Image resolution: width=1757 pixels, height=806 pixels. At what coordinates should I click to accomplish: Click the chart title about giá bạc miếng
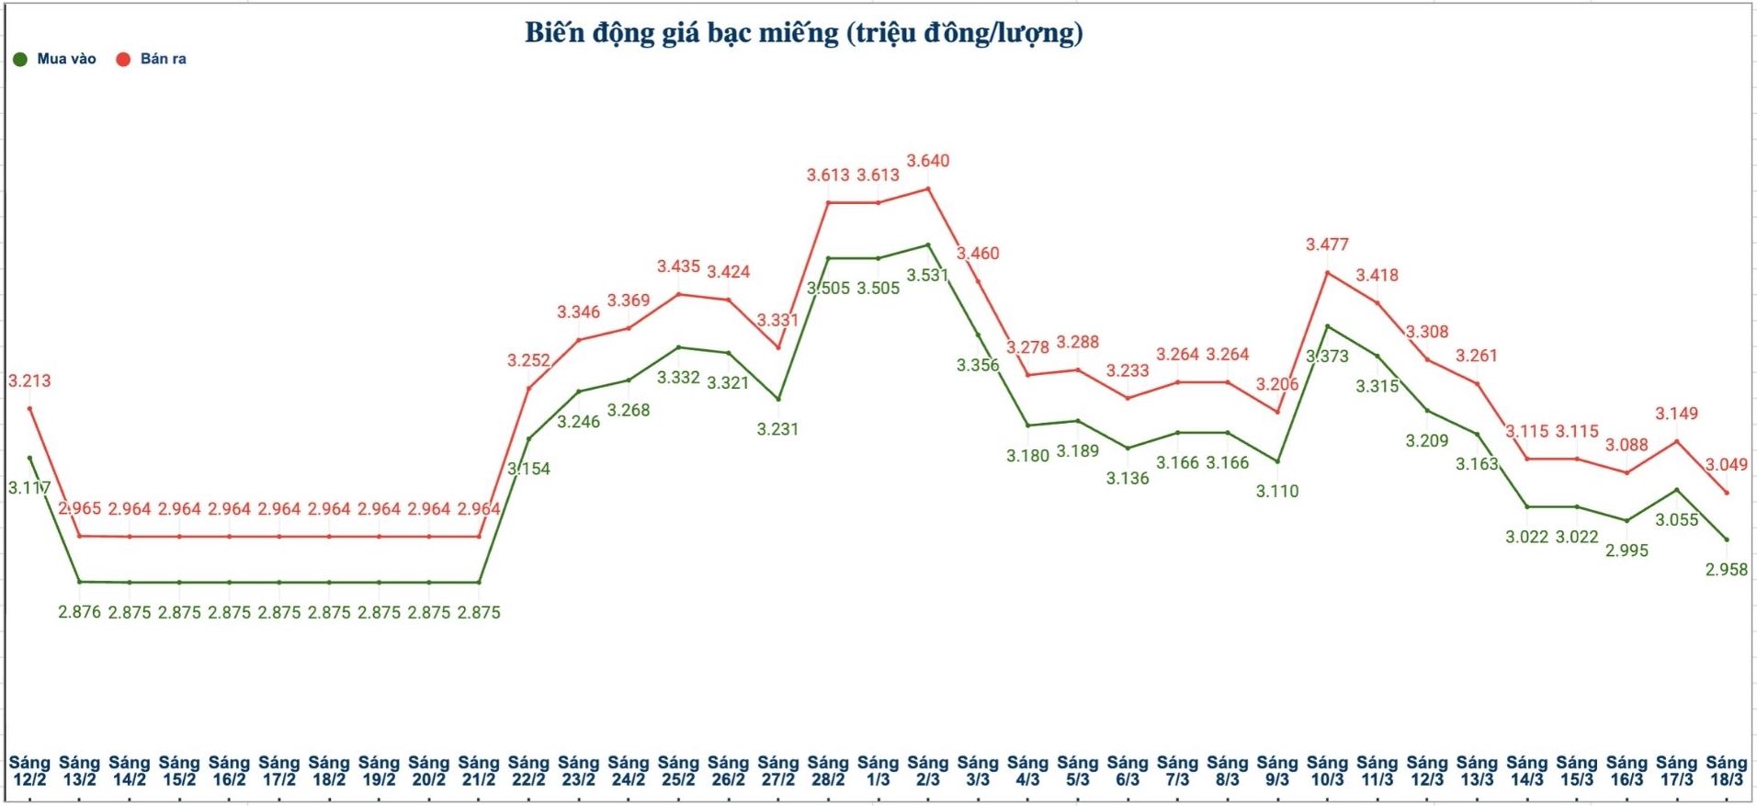[803, 33]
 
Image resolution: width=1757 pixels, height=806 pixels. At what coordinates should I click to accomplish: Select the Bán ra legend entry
[152, 59]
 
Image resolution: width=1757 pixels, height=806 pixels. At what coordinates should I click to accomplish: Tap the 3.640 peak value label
[927, 161]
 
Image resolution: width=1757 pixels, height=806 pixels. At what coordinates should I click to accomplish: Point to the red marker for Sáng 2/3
[927, 189]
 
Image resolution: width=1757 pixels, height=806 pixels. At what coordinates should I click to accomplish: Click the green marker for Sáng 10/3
[1327, 326]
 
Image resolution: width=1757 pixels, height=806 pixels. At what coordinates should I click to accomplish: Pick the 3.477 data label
[1327, 244]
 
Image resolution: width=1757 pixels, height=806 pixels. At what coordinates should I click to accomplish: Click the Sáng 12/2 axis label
[29, 770]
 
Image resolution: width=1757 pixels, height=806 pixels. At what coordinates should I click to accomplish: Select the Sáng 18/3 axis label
[1726, 770]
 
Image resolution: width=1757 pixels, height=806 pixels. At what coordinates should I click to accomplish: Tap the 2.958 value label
[1726, 569]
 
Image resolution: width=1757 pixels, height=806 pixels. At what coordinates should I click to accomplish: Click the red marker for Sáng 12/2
[29, 408]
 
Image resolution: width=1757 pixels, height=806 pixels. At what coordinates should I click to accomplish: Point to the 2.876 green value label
[79, 612]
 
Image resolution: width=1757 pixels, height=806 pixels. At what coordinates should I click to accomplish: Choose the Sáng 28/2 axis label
[827, 770]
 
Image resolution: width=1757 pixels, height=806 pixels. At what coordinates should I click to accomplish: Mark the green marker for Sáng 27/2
[778, 399]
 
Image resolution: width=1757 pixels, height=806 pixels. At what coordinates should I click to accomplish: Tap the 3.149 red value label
[1676, 414]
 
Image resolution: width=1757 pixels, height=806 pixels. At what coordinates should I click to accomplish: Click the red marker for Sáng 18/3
[1726, 493]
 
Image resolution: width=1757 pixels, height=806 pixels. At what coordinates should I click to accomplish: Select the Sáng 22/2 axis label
[528, 770]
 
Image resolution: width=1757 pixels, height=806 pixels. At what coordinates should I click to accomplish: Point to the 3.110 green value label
[1276, 491]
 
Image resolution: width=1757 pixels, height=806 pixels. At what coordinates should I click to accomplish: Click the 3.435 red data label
[678, 267]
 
